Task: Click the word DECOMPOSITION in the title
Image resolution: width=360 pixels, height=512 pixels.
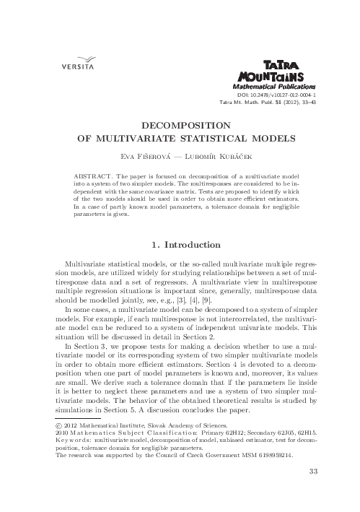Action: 180,124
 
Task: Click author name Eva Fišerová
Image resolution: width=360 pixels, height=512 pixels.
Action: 142,155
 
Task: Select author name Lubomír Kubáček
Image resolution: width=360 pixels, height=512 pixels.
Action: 215,155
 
